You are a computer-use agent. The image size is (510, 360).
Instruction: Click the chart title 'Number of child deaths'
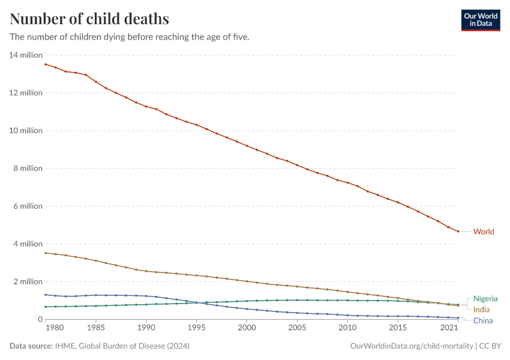click(x=89, y=19)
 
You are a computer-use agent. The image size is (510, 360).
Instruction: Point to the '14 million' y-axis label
click(x=26, y=55)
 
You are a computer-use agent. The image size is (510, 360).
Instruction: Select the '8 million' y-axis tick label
click(x=28, y=169)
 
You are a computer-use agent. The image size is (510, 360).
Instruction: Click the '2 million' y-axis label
click(x=28, y=282)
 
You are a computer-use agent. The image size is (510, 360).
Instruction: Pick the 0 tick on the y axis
click(x=40, y=320)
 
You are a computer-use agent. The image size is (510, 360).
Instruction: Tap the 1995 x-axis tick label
click(x=196, y=328)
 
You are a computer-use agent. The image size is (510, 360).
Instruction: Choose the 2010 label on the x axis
click(x=347, y=328)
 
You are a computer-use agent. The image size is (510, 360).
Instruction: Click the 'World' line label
click(x=484, y=232)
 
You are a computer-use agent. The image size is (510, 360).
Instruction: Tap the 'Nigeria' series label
click(x=485, y=299)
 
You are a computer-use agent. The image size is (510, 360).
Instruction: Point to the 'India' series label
click(x=481, y=310)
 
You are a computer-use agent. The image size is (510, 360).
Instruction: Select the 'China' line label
click(x=483, y=320)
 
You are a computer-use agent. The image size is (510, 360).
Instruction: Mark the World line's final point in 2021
click(x=458, y=232)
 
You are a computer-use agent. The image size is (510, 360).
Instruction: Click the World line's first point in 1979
click(x=46, y=64)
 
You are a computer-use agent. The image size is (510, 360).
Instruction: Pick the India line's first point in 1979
click(x=46, y=253)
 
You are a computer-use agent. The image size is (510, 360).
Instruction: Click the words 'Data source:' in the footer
click(x=32, y=346)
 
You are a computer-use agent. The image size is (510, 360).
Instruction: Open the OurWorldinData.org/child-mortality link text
click(x=411, y=346)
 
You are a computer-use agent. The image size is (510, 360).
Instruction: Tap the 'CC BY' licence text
click(x=490, y=346)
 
